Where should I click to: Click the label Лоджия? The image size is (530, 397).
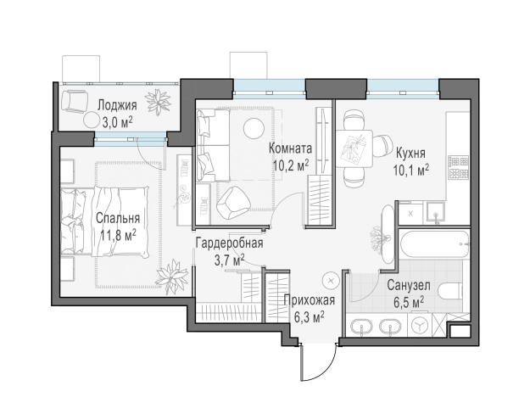pyautogui.click(x=117, y=105)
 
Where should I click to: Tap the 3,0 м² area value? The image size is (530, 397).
pyautogui.click(x=117, y=122)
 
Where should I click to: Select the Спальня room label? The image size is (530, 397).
pyautogui.click(x=118, y=218)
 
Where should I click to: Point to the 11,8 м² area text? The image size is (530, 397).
pyautogui.click(x=119, y=234)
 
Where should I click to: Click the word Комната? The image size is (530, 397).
pyautogui.click(x=290, y=148)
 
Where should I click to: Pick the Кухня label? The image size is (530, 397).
pyautogui.click(x=410, y=154)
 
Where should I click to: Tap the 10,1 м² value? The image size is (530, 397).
pyautogui.click(x=411, y=170)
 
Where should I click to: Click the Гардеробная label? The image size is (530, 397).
pyautogui.click(x=230, y=243)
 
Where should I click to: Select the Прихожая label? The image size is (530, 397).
pyautogui.click(x=310, y=300)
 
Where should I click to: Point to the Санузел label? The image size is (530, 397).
pyautogui.click(x=409, y=285)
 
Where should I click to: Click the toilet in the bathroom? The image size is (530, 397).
pyautogui.click(x=451, y=292)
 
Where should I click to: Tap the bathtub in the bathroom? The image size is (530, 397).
pyautogui.click(x=434, y=243)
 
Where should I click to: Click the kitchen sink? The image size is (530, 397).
pyautogui.click(x=435, y=212)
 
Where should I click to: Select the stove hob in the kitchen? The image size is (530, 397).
pyautogui.click(x=459, y=168)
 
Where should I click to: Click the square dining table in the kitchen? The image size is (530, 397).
pyautogui.click(x=354, y=148)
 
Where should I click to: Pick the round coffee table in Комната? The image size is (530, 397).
pyautogui.click(x=254, y=128)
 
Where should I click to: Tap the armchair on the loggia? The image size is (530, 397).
pyautogui.click(x=75, y=102)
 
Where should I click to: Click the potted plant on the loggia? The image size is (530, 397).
pyautogui.click(x=158, y=101)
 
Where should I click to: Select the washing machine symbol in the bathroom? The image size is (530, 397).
pyautogui.click(x=420, y=325)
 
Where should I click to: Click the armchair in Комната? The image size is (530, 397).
pyautogui.click(x=233, y=203)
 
